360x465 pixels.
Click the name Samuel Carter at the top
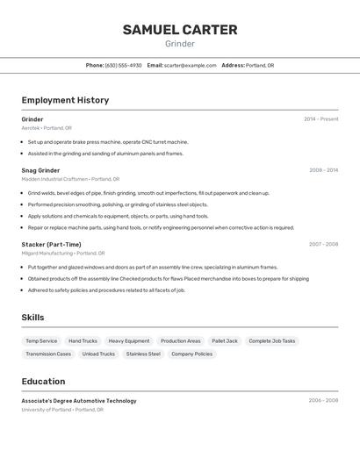180,30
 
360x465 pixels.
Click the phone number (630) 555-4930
123,65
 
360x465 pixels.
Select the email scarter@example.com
190,65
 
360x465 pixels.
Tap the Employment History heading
65,100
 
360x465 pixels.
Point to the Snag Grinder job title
40,170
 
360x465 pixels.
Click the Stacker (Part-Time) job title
51,244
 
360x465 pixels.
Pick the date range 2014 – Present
320,119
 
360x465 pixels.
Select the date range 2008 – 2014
323,170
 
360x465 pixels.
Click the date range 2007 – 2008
323,244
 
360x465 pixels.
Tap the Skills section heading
33,318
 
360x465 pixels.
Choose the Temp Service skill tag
41,340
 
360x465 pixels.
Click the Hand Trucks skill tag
83,340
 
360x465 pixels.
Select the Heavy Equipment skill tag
129,340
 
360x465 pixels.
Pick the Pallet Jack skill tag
225,340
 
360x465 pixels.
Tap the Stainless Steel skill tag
143,354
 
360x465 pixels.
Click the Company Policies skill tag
191,354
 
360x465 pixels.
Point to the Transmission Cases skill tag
48,354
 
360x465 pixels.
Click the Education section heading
43,382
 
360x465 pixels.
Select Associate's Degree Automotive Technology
79,401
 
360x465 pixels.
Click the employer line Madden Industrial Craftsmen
54,179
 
